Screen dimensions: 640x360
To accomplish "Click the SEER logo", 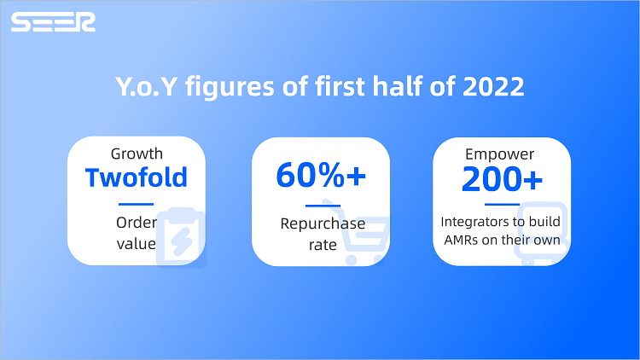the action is click(53, 22).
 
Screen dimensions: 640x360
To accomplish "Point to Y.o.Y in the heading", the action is click(146, 86).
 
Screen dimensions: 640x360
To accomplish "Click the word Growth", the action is click(137, 154).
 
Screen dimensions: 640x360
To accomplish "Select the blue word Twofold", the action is click(137, 177).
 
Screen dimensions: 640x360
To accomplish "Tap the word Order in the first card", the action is click(137, 223).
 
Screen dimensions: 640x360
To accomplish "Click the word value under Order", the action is click(137, 244).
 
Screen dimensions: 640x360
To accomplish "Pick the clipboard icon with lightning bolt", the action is click(181, 237).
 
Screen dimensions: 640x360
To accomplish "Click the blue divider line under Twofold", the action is click(136, 204).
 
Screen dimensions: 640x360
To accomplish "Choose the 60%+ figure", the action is click(321, 176).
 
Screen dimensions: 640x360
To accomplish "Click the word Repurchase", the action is click(323, 224).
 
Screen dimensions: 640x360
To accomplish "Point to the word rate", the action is click(323, 245).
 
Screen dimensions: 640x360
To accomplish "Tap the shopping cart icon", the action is click(356, 232).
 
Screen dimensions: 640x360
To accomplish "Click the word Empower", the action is click(499, 154).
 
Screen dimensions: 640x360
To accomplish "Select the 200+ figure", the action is click(502, 179).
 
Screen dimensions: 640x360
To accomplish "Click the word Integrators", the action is click(471, 222).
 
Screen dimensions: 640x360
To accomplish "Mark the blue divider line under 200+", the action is click(502, 204).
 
